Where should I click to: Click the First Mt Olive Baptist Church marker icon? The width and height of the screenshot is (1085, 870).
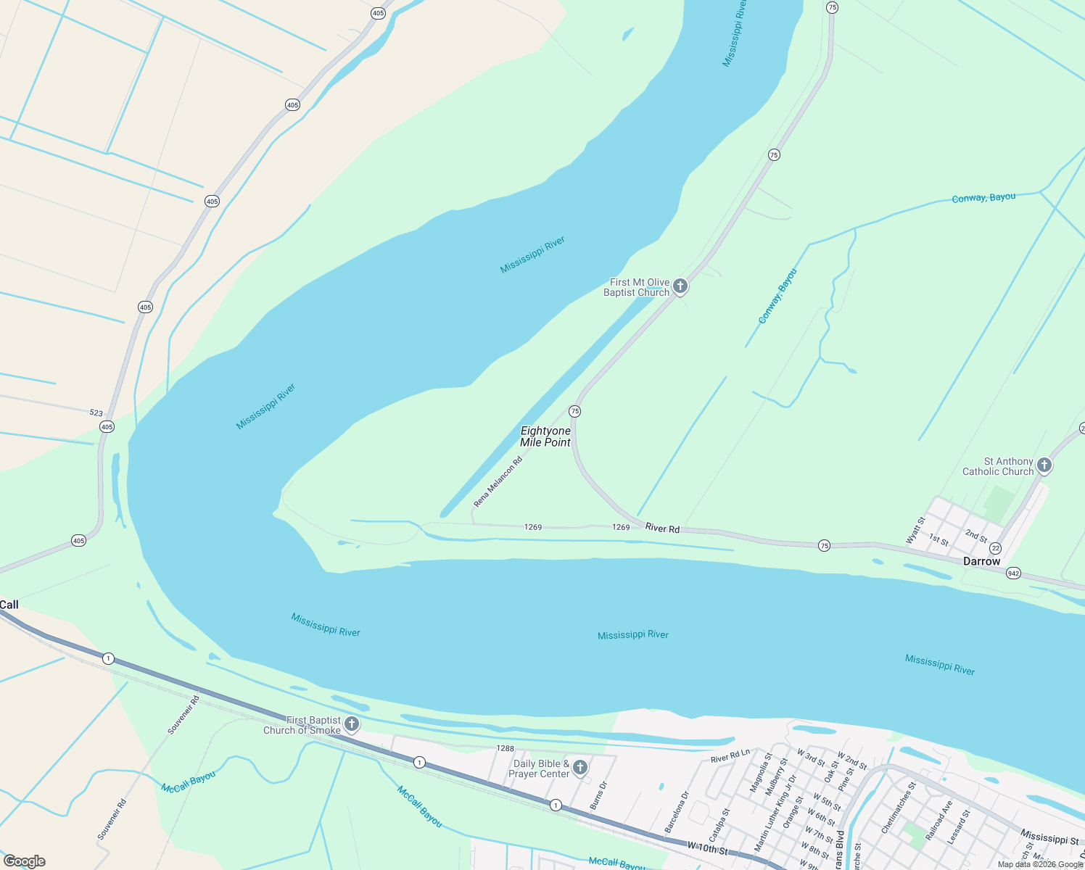680,286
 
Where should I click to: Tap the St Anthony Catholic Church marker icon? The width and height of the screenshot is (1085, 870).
1044,465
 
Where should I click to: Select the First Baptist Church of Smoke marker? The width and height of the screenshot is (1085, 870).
352,724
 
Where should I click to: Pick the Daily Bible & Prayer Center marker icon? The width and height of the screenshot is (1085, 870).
579,767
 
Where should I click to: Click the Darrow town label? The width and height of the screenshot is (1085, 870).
981,561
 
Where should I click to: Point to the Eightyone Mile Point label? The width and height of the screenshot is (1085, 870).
545,436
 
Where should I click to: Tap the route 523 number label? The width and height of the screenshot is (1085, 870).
96,413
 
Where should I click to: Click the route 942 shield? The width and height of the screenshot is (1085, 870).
1013,573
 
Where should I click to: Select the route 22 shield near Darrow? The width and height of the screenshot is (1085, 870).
995,549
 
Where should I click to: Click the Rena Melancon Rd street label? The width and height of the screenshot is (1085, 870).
498,482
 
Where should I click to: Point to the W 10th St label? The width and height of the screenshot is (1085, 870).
707,848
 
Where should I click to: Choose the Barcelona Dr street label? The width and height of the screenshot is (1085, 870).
675,812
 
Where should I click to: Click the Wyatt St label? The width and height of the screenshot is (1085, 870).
916,531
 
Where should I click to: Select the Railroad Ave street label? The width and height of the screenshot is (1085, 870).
936,821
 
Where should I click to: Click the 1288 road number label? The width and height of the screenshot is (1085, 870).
506,748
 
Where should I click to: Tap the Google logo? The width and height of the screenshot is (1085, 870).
24,861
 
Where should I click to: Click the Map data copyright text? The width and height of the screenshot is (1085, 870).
1040,864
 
